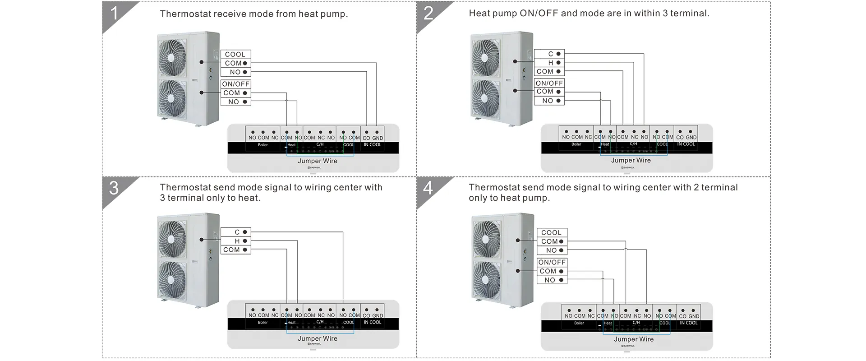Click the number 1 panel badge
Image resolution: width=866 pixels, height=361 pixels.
click(x=114, y=14)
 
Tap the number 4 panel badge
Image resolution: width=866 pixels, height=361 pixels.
click(x=428, y=188)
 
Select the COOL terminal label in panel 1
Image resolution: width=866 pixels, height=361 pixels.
click(x=235, y=54)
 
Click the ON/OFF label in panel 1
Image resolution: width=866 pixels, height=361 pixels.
click(x=235, y=84)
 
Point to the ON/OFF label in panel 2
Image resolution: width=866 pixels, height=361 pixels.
click(x=549, y=83)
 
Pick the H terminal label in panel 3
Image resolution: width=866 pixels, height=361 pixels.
click(x=237, y=241)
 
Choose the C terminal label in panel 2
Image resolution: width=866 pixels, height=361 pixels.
click(x=550, y=54)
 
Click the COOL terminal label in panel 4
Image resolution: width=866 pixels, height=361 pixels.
click(x=551, y=232)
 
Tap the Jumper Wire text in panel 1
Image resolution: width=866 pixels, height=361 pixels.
click(x=318, y=161)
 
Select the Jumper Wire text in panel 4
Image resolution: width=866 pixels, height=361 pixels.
click(x=634, y=339)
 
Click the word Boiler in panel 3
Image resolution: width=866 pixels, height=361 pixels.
click(x=263, y=323)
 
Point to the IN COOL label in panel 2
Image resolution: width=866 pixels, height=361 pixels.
click(x=686, y=144)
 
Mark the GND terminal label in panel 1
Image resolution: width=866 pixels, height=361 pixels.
click(x=378, y=138)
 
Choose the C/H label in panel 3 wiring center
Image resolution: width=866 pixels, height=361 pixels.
click(x=320, y=322)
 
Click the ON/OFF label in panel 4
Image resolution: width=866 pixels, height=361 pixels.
click(x=552, y=262)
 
